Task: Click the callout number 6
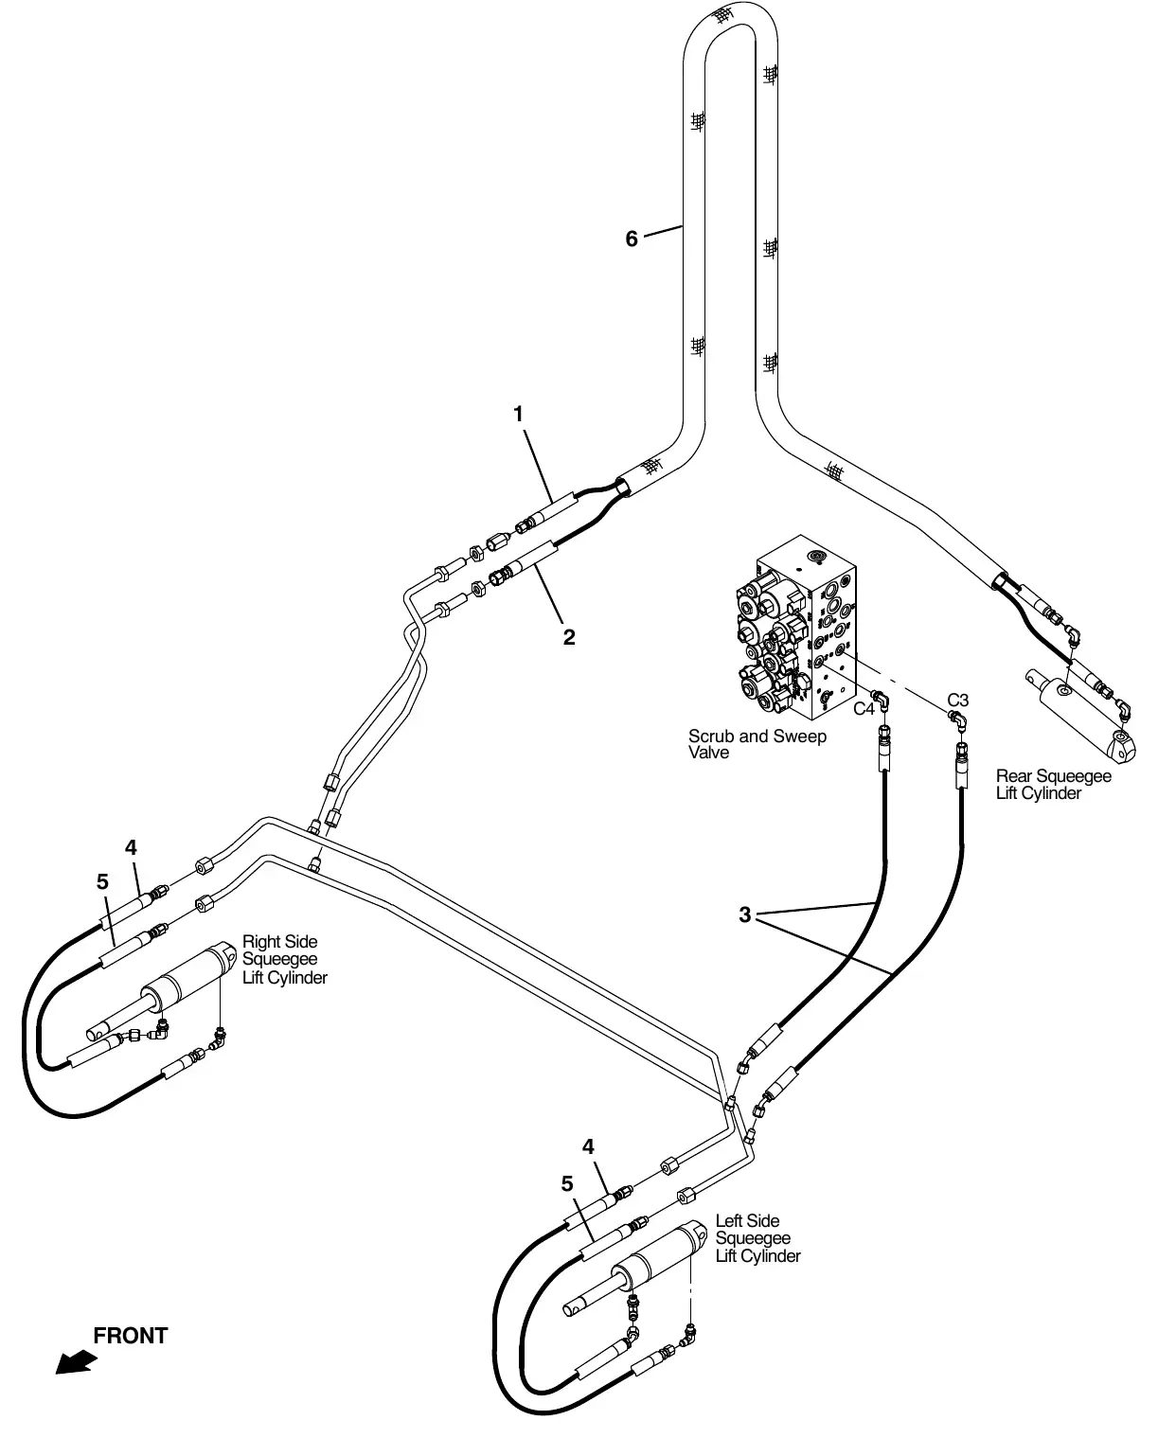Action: (x=632, y=239)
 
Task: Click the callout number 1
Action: (x=518, y=415)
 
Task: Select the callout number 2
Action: (x=569, y=637)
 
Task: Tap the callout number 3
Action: (x=745, y=914)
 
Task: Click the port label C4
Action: (x=864, y=708)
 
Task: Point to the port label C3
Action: (x=958, y=700)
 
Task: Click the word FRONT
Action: (x=131, y=1335)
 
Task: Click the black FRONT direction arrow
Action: (x=76, y=1362)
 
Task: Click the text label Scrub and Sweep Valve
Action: (x=757, y=744)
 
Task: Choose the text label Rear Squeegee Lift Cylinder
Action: (x=1053, y=785)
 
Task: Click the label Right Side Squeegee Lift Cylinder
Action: (x=284, y=960)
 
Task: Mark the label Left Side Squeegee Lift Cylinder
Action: (x=757, y=1238)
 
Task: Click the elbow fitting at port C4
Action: (x=882, y=701)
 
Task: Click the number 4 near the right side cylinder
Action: (x=131, y=847)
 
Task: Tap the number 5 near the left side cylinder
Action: (x=567, y=1184)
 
